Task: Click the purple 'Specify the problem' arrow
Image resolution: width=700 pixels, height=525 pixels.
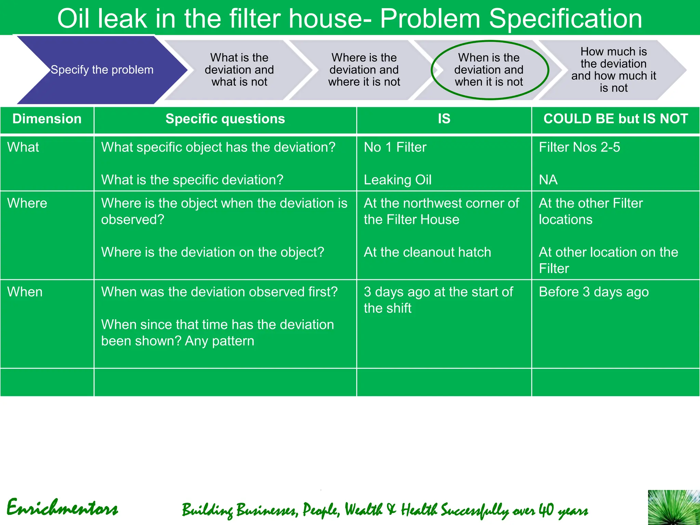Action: point(102,70)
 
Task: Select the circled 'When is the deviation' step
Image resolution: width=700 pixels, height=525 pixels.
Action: point(489,70)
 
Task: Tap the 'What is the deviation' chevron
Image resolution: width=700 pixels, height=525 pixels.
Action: point(239,70)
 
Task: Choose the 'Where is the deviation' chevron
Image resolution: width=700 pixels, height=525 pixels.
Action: point(364,70)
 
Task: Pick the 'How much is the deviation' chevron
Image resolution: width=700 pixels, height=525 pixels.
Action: point(614,70)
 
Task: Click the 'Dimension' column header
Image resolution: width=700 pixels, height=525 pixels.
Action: point(47,119)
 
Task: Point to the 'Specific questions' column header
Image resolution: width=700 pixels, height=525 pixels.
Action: point(225,119)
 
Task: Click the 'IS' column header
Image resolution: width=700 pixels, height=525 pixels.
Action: point(444,119)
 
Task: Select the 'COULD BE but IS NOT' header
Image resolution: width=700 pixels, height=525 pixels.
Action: point(616,119)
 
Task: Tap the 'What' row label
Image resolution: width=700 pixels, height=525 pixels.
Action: point(23,147)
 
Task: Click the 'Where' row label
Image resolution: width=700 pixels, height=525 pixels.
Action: point(27,203)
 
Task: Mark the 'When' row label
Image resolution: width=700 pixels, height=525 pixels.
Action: point(25,292)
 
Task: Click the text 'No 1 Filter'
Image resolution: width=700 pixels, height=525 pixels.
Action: point(395,147)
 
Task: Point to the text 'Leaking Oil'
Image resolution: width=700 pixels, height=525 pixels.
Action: point(398,180)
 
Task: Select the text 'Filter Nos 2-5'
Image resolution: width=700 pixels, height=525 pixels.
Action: point(579,147)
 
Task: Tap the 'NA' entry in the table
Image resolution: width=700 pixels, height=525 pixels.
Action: point(548,180)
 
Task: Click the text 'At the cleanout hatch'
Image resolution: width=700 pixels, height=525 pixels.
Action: point(427,252)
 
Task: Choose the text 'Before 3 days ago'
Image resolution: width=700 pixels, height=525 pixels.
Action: point(594,292)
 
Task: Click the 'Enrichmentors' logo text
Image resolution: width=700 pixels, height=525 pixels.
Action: point(63,508)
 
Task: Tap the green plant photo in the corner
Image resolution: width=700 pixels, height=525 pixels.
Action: point(674,508)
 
